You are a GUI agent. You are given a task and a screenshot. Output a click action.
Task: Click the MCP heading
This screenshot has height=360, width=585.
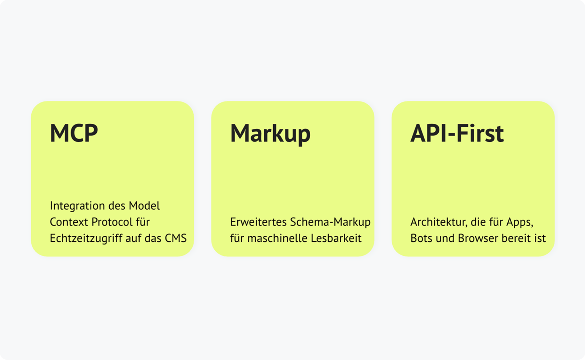point(74,133)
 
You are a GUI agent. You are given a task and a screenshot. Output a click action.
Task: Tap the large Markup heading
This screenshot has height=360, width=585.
point(270,134)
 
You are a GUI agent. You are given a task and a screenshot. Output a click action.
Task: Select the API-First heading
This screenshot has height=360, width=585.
point(457,133)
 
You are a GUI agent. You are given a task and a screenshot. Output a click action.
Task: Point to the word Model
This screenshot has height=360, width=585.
point(144,206)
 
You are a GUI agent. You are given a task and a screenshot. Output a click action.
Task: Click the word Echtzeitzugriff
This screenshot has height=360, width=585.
point(86,238)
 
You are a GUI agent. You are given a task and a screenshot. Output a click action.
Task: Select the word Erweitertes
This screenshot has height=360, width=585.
point(258,222)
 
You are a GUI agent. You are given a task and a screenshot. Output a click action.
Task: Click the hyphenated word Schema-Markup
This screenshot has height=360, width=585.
point(330,222)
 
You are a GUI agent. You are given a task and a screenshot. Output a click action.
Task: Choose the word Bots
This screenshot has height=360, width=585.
point(421,238)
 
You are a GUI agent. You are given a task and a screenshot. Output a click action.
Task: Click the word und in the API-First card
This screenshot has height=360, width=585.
point(445,238)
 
